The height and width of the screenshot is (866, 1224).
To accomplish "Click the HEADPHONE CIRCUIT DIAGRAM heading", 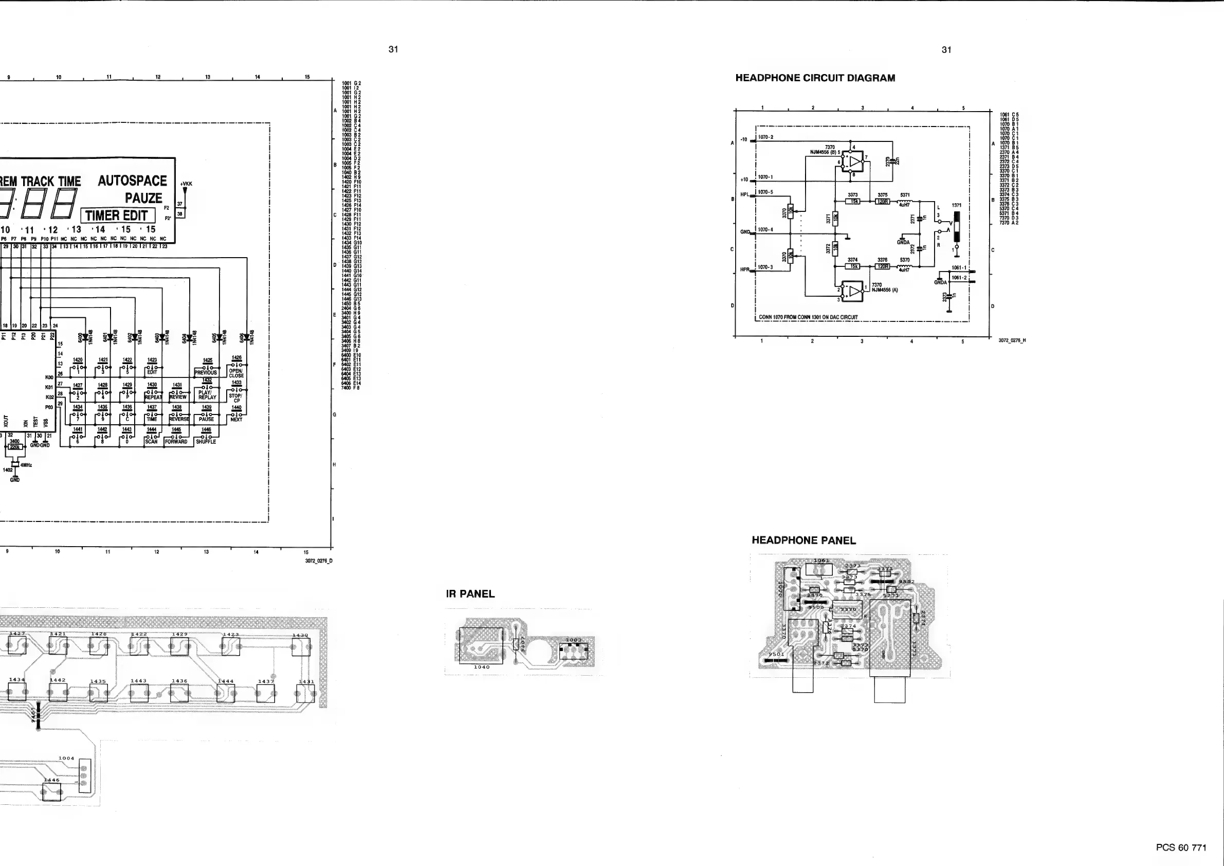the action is coord(815,78).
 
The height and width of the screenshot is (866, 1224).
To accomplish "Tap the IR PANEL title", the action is coord(470,594).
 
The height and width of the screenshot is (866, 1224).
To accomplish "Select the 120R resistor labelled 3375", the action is coord(883,202).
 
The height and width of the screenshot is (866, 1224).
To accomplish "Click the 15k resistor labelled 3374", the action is coord(852,266).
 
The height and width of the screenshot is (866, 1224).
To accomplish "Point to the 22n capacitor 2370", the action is coord(892,161).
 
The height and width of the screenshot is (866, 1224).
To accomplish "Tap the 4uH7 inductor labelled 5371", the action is coord(905,202).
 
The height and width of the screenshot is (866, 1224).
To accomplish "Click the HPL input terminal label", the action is coord(745,194).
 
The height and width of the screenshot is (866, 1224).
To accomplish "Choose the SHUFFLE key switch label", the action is coord(206,442).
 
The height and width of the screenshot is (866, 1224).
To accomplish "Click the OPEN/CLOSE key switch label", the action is coord(236,373).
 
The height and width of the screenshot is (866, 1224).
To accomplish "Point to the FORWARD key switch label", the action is coord(176,442).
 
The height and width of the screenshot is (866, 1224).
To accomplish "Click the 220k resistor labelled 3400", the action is coord(14,447).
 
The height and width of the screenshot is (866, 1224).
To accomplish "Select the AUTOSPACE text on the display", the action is coord(132,181).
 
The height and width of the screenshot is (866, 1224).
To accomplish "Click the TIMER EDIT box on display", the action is coord(117,215).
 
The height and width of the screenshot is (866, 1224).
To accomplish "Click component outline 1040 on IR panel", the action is coord(480,645).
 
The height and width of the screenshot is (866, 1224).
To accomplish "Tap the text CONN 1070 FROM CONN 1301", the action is coord(808,317).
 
